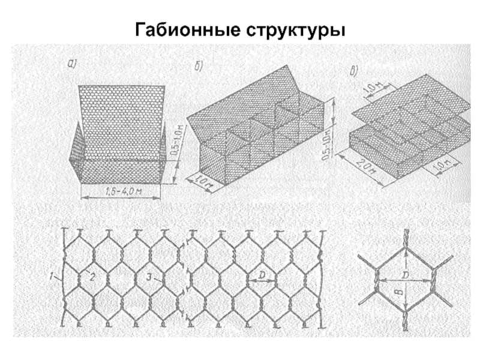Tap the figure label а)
(x=73, y=63)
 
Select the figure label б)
(x=199, y=66)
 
